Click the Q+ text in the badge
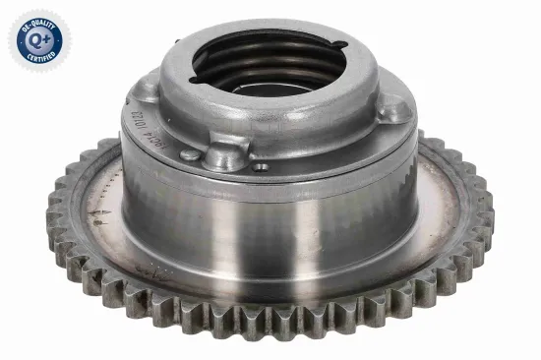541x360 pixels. coord(38,38)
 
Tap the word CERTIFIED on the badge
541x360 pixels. coord(39,61)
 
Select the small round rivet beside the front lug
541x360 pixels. coord(190,154)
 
